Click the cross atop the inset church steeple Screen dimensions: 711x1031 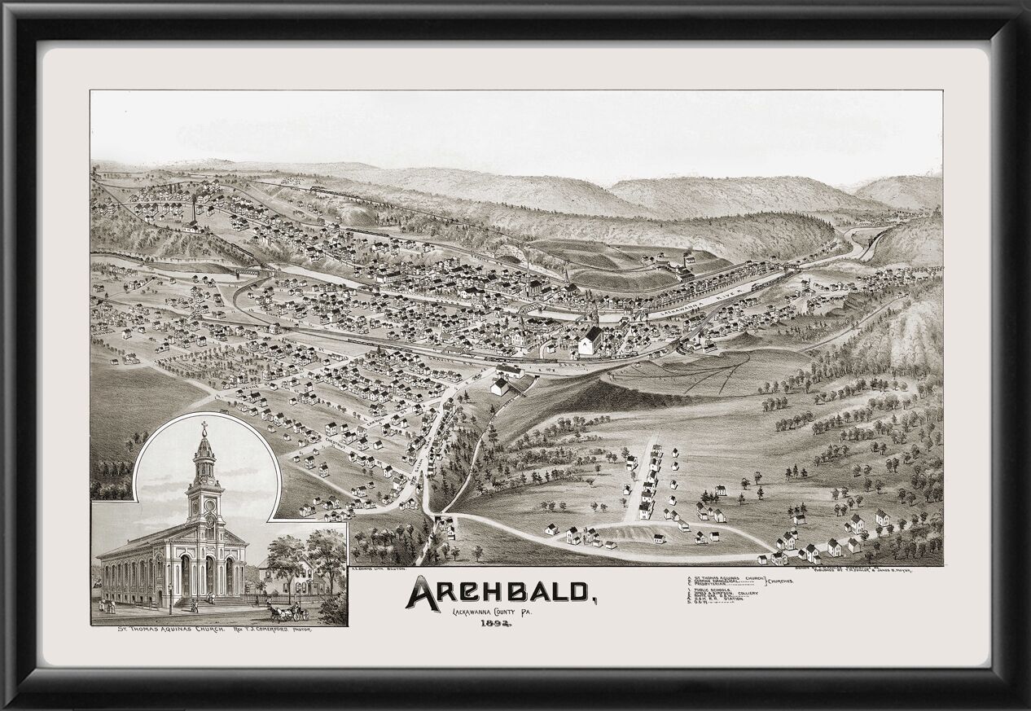point(204,426)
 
